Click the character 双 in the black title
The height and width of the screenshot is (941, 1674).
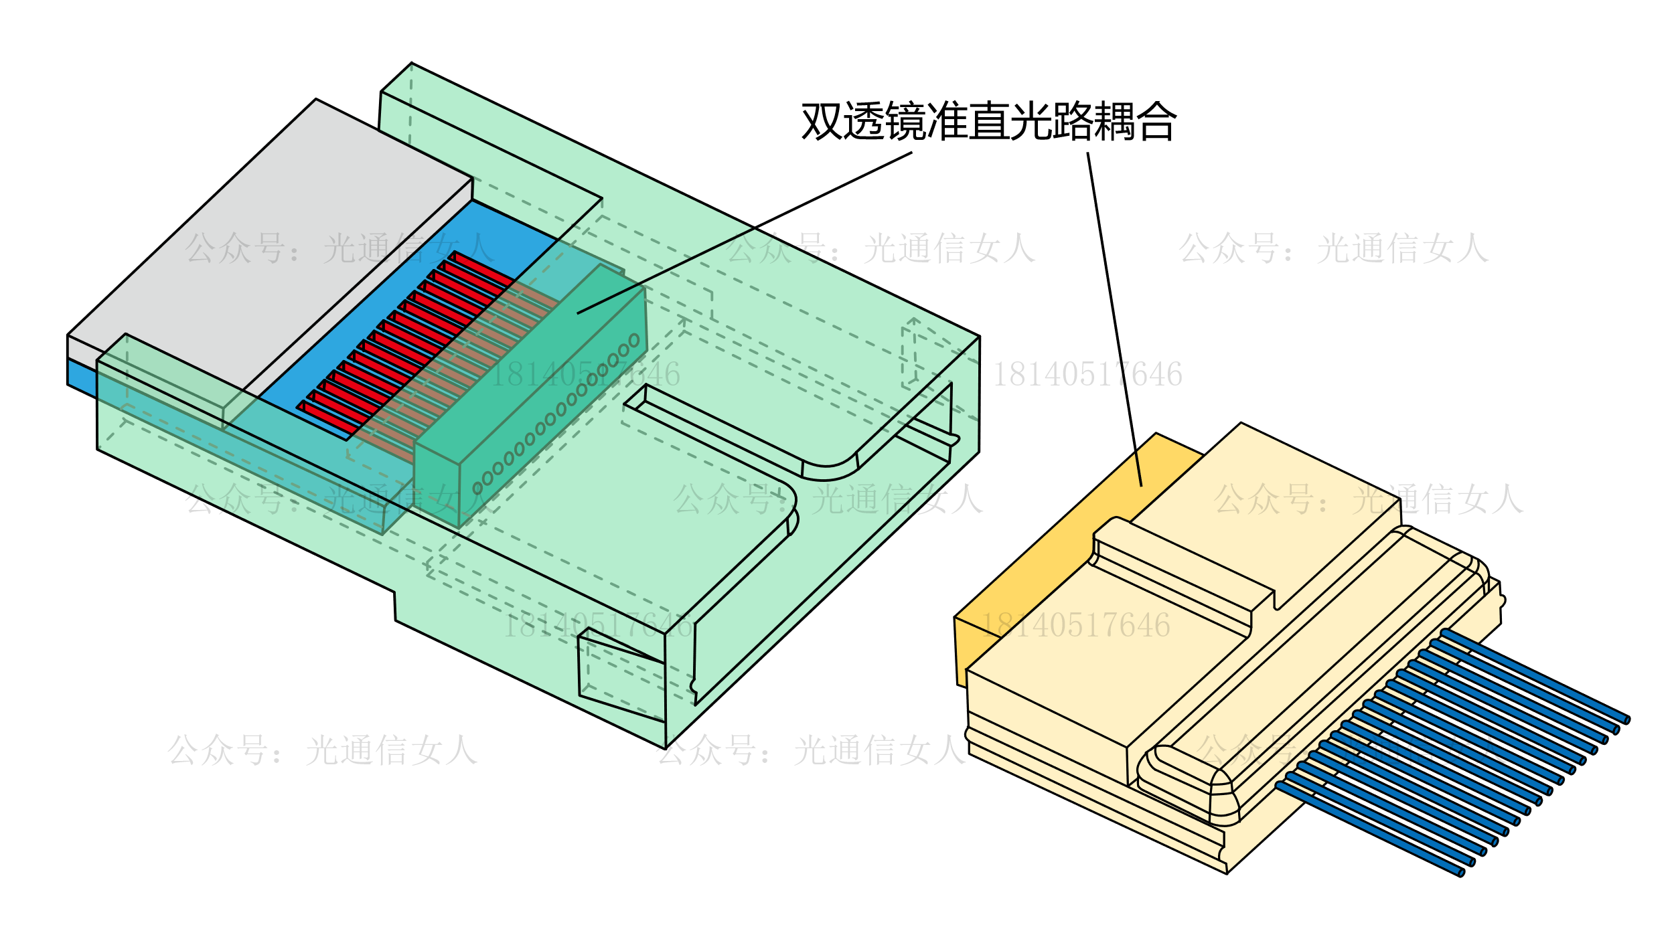coord(822,121)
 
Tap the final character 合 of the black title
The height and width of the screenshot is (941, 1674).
coord(1157,121)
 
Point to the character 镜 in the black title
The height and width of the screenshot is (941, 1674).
coord(905,121)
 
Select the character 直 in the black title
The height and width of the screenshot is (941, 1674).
coord(990,121)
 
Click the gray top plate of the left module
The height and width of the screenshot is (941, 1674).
coord(268,241)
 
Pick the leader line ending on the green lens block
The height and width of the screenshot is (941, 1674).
coord(743,234)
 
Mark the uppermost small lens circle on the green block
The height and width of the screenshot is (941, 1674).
coord(634,341)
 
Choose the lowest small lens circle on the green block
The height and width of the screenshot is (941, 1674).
coord(477,489)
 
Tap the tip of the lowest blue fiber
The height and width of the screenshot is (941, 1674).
coord(1461,872)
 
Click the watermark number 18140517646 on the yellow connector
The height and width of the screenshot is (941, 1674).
coord(1075,625)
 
